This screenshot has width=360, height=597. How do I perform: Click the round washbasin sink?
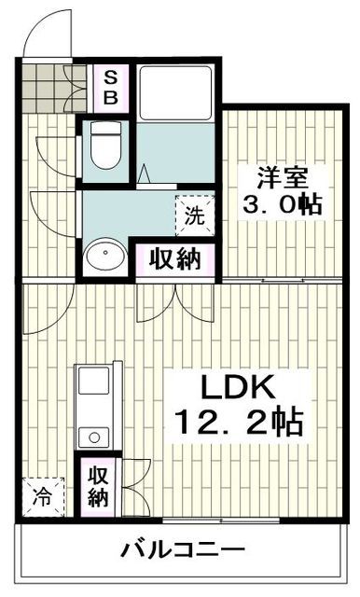pyautogui.click(x=104, y=256)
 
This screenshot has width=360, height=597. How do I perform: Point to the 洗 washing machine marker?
pyautogui.click(x=193, y=216)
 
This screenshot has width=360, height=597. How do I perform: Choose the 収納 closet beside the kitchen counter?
pyautogui.click(x=97, y=486)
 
